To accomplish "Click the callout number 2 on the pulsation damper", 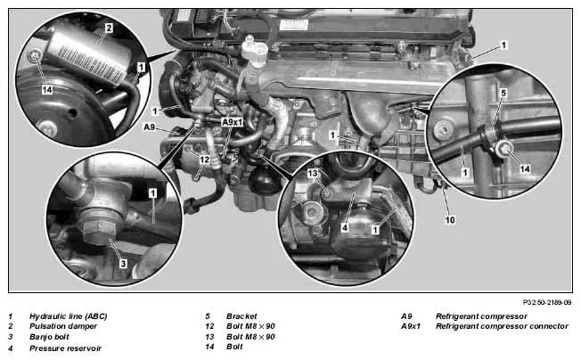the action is (x=109, y=29).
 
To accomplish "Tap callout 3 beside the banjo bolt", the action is (x=123, y=264).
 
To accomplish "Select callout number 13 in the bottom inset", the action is (x=313, y=173).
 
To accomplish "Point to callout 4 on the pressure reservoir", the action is (x=345, y=227).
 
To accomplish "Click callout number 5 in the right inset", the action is (x=503, y=93).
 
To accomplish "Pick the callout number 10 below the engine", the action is (x=450, y=220).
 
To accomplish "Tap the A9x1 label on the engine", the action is (x=232, y=122).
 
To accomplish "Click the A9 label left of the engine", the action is (x=149, y=127).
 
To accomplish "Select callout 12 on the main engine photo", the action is (x=204, y=160).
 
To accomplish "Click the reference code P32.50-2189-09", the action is (x=547, y=302).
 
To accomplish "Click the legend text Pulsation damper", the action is (x=63, y=326).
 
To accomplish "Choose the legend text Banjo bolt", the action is (x=49, y=337).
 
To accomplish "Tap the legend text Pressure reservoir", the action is (x=65, y=348).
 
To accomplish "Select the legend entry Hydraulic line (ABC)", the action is (x=69, y=316).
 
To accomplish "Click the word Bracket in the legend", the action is (x=241, y=316).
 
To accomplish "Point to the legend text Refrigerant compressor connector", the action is (x=502, y=326).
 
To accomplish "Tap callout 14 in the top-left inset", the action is (x=47, y=90).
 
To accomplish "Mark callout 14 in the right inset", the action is (x=525, y=169).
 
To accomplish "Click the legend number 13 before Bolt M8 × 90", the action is (x=209, y=337).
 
